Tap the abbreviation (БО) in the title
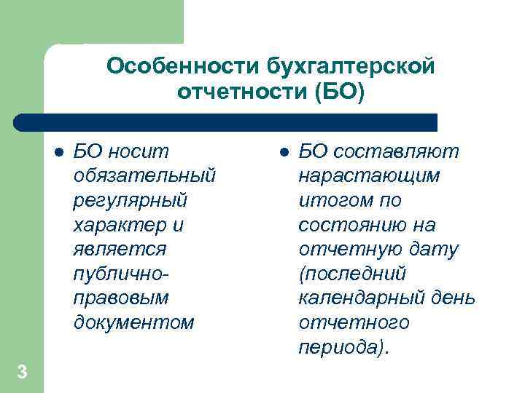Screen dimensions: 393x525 pos(338,92)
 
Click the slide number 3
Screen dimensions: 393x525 pos(22,373)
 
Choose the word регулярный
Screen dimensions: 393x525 pos(131,200)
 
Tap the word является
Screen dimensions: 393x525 pos(120,249)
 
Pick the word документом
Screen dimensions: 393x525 pos(134,322)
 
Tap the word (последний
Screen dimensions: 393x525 pos(351,274)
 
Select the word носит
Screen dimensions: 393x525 pos(138,151)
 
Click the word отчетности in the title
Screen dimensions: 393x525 pos(234,92)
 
